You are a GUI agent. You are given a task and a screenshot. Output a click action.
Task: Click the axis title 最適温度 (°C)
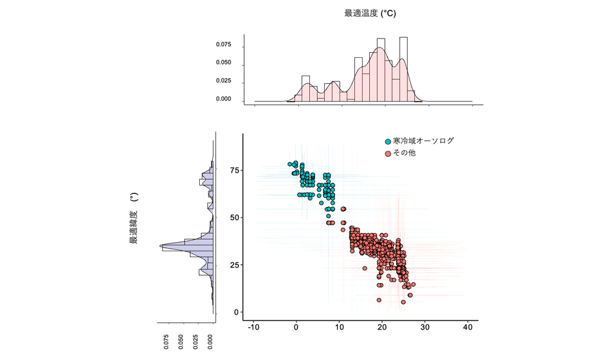370,13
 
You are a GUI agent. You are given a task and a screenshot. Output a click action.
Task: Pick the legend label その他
404,153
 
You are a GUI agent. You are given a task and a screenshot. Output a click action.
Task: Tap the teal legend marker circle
389,141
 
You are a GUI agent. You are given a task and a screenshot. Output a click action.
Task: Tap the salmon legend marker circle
389,154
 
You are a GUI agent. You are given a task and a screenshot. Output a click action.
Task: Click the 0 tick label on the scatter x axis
296,329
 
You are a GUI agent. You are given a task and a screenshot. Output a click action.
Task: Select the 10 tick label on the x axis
339,329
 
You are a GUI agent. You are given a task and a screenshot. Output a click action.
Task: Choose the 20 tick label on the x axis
382,329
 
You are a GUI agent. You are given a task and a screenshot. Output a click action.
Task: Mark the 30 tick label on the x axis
425,329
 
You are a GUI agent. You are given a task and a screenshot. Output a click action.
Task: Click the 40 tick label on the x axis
468,329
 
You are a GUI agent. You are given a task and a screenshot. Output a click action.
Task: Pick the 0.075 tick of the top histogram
223,45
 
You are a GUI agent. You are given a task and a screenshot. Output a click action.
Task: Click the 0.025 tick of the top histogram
223,81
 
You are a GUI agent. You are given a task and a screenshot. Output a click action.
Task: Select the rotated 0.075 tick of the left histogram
167,342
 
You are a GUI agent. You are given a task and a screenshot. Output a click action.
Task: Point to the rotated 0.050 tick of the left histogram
182,342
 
